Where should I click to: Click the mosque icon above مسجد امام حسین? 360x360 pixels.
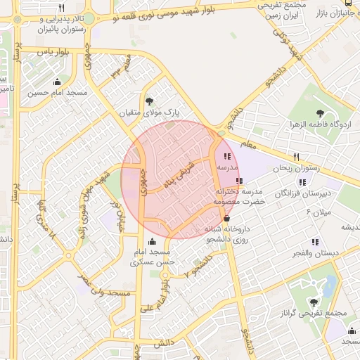pyautogui.click(x=57, y=82)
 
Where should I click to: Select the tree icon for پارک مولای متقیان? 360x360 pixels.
pyautogui.click(x=148, y=101)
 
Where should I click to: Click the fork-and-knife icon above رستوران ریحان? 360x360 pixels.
pyautogui.click(x=296, y=157)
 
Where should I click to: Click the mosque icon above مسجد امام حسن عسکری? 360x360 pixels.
pyautogui.click(x=153, y=241)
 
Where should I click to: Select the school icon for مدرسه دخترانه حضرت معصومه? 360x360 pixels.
pyautogui.click(x=240, y=181)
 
